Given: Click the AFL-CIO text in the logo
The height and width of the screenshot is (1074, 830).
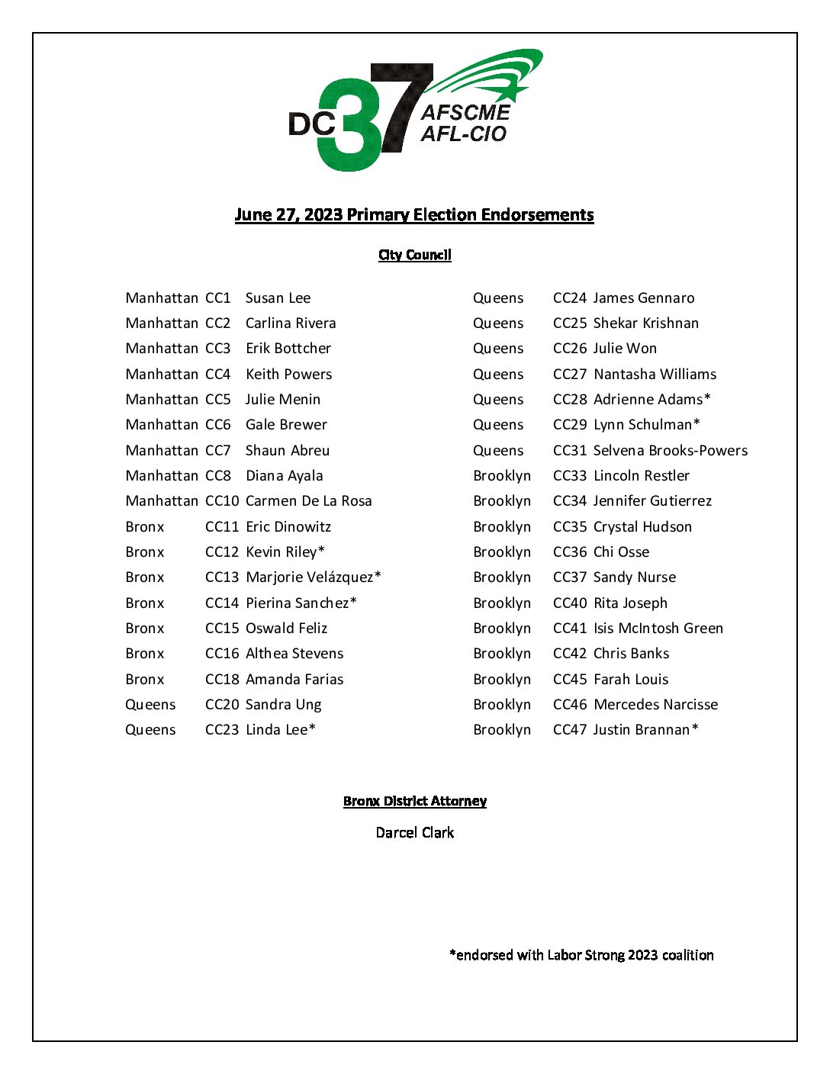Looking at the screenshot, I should [x=463, y=134].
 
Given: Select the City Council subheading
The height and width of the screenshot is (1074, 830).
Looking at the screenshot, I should [x=414, y=255].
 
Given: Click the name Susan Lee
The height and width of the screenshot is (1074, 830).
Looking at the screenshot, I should [x=278, y=298].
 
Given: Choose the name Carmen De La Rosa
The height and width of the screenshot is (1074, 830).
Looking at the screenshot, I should [x=308, y=501].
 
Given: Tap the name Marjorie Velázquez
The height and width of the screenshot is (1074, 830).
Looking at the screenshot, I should [x=310, y=577].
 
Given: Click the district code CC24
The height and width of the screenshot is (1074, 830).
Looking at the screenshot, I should [x=570, y=298].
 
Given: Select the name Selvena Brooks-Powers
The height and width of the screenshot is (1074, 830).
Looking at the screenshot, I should [x=670, y=451].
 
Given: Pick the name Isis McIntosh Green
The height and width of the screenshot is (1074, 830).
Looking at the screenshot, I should [x=658, y=629].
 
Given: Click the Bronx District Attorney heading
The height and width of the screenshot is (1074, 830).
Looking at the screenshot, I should [x=414, y=801].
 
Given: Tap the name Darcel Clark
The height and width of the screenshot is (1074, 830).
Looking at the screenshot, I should [x=414, y=832].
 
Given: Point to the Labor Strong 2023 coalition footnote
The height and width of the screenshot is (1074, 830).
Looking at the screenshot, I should [x=581, y=955].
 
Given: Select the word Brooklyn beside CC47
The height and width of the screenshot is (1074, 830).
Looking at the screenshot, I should [x=501, y=730].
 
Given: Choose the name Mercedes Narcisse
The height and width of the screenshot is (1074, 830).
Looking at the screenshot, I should [x=655, y=705].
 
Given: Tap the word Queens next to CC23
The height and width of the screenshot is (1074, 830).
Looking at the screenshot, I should [x=150, y=730].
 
